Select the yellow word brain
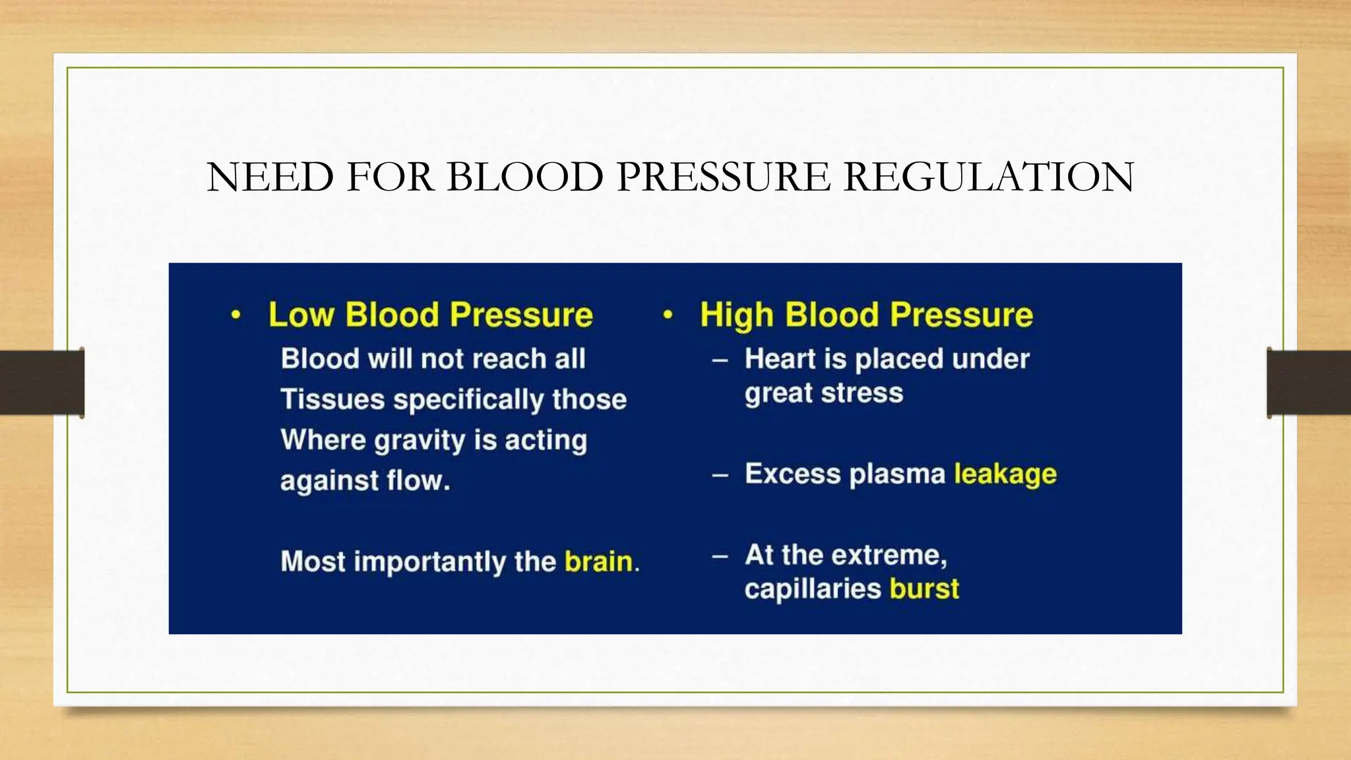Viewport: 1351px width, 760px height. [598, 561]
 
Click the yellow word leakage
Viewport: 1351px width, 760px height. [1005, 474]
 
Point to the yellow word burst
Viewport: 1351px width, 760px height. [924, 588]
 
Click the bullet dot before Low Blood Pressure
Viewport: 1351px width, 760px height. [236, 315]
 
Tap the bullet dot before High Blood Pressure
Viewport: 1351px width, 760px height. [668, 315]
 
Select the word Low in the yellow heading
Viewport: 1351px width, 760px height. [301, 315]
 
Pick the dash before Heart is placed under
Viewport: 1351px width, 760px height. [720, 360]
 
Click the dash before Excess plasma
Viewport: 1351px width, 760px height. [720, 475]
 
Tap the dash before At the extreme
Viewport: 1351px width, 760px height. [720, 556]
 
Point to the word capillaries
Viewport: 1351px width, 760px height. [812, 588]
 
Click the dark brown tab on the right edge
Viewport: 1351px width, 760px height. [1309, 383]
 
